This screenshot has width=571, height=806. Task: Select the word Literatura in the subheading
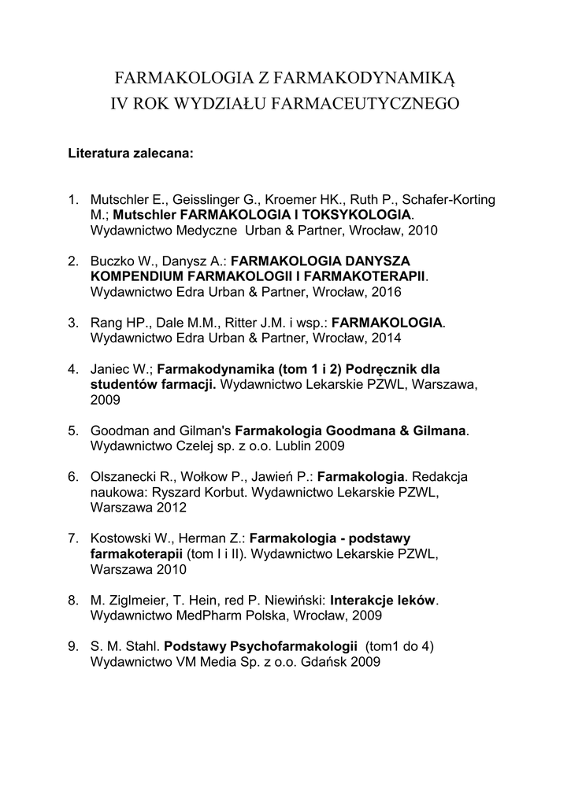(98, 153)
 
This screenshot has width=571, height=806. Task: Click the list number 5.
(72, 431)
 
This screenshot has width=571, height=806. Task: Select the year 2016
(386, 291)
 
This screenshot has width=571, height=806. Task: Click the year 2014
(386, 338)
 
